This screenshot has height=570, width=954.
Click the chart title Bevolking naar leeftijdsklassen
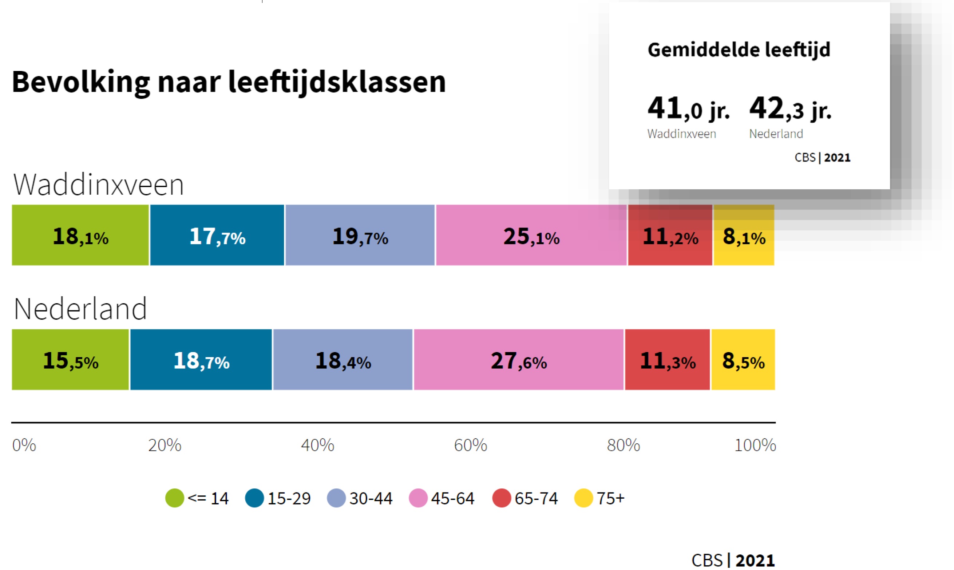[229, 82]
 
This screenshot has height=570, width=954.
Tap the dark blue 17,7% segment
[217, 235]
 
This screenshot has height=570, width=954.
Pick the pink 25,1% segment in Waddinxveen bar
[531, 235]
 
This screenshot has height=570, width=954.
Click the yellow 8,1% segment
[744, 235]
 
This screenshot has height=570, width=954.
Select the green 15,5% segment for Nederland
[70, 360]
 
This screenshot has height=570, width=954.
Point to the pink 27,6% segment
[518, 360]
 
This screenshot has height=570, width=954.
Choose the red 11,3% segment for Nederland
[667, 360]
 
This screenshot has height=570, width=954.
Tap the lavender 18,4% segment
[343, 360]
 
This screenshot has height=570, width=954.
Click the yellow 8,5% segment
[743, 360]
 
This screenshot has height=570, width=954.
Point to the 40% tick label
[317, 445]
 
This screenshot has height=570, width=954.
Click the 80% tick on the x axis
[623, 445]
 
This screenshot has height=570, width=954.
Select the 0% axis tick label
[24, 445]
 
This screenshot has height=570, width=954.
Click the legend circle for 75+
[583, 498]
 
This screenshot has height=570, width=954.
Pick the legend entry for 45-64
[442, 498]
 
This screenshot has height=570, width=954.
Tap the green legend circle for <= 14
[174, 498]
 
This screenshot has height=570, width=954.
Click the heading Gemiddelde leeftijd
[739, 50]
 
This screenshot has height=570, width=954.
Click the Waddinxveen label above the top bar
[98, 185]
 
